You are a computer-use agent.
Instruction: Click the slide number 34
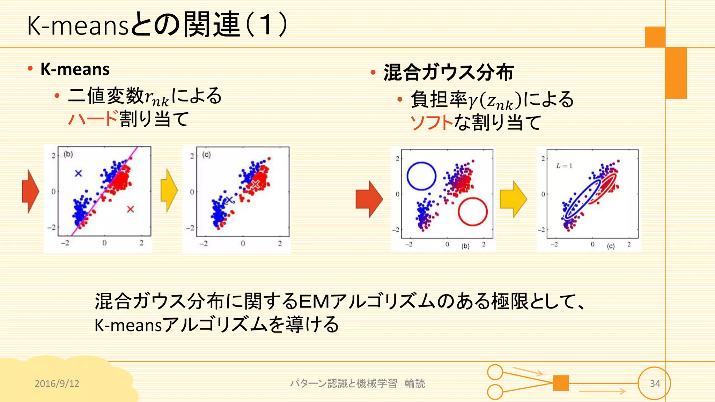click(x=655, y=384)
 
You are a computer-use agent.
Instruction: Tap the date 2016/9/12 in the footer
click(x=57, y=384)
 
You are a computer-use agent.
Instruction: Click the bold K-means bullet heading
click(x=75, y=69)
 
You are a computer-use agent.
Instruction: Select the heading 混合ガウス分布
click(x=448, y=72)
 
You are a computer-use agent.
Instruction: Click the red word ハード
click(x=93, y=119)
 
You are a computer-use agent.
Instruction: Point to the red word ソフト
click(x=432, y=122)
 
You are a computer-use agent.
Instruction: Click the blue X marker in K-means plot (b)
click(x=79, y=173)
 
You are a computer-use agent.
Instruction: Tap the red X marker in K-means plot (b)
click(x=131, y=209)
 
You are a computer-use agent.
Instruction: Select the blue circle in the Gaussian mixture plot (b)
click(x=421, y=176)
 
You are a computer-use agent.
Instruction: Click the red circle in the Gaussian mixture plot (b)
click(x=472, y=212)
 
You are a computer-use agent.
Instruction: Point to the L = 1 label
click(x=564, y=166)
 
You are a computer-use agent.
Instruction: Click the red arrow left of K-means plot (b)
click(x=30, y=191)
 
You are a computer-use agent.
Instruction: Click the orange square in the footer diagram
click(x=561, y=383)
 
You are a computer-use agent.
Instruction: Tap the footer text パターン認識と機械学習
click(x=343, y=384)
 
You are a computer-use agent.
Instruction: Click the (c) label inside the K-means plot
click(x=207, y=155)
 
